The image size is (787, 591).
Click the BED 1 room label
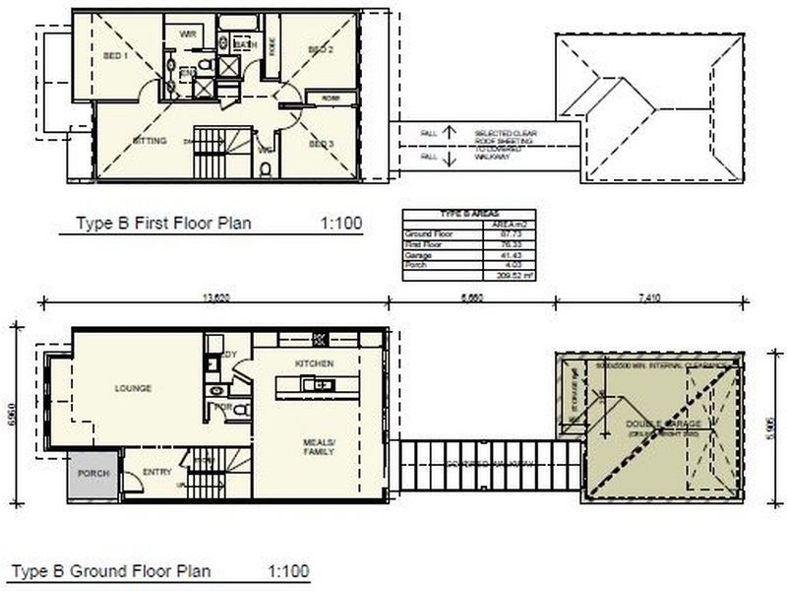[x=116, y=55]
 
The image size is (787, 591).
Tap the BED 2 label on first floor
[x=321, y=49]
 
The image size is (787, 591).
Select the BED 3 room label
[x=321, y=144]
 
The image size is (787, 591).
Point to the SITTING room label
[x=149, y=141]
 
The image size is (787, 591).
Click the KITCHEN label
[x=315, y=363]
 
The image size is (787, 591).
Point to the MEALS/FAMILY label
[x=319, y=446]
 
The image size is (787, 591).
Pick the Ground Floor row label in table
[x=424, y=234]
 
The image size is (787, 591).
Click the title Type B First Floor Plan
[x=163, y=224]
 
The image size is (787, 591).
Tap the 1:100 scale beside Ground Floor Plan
[x=288, y=570]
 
